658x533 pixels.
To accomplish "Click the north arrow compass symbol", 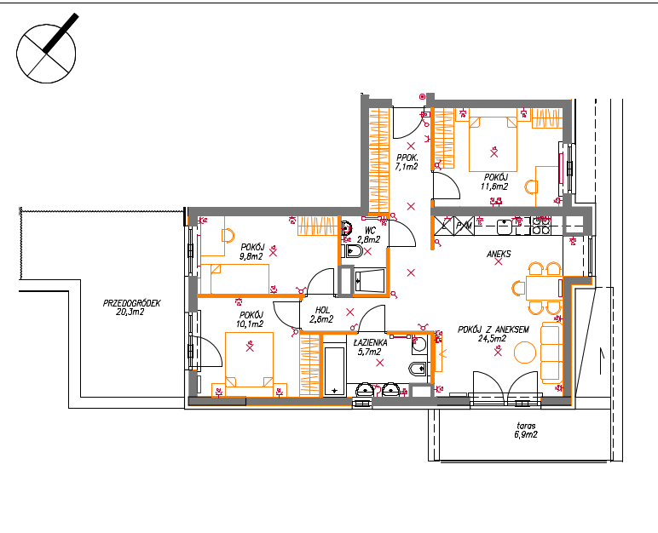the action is pyautogui.click(x=46, y=54).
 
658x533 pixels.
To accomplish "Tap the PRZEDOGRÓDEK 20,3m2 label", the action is pyautogui.click(x=131, y=307).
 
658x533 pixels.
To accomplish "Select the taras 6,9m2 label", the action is pyautogui.click(x=526, y=430).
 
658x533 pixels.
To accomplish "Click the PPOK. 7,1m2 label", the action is pyautogui.click(x=407, y=162).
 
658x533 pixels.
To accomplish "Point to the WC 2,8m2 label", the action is pyautogui.click(x=368, y=235).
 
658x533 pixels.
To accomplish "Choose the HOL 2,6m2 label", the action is pyautogui.click(x=321, y=314).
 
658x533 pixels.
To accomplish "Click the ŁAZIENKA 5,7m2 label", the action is pyautogui.click(x=370, y=347).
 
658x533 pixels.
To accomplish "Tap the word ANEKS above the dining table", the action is pyautogui.click(x=499, y=254).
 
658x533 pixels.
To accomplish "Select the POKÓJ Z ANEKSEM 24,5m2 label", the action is pyautogui.click(x=493, y=334).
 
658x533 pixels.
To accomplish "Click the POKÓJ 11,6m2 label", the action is pyautogui.click(x=494, y=182).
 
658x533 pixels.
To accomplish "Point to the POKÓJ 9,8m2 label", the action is pyautogui.click(x=251, y=252).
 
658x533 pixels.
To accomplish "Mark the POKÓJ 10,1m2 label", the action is pyautogui.click(x=250, y=319).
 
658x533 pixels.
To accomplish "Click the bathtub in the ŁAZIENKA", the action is pyautogui.click(x=334, y=371).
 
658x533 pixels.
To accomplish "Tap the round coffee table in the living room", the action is pyautogui.click(x=525, y=352).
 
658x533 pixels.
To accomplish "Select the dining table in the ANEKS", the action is pyautogui.click(x=544, y=288).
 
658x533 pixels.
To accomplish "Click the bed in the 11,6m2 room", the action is pyautogui.click(x=493, y=144).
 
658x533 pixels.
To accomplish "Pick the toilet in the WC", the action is pyautogui.click(x=353, y=251).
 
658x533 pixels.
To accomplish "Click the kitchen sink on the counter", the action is pyautogui.click(x=505, y=226).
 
